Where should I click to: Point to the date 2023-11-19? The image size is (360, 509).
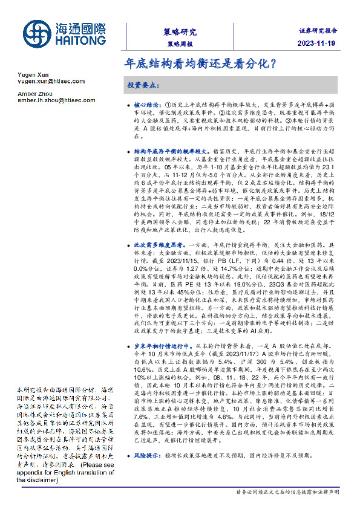point(320,44)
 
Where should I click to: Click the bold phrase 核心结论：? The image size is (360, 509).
point(148,105)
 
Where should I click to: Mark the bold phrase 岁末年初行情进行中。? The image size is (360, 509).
point(160,342)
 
